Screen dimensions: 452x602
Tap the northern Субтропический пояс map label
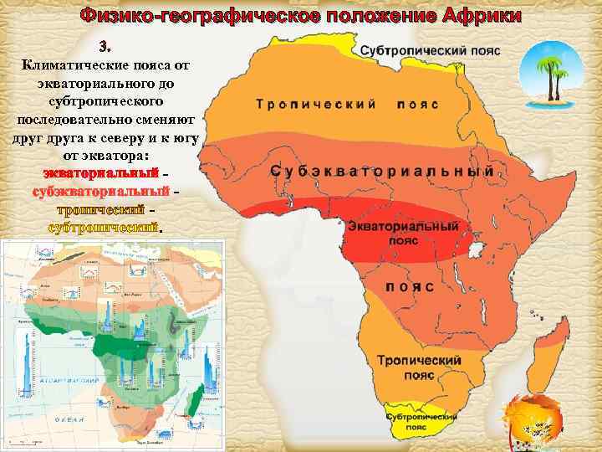coord(431,51)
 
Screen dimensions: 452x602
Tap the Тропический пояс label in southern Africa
coord(419,366)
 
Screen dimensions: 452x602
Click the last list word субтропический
coord(104,228)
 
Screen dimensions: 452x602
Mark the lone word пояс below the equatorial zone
coord(410,286)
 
